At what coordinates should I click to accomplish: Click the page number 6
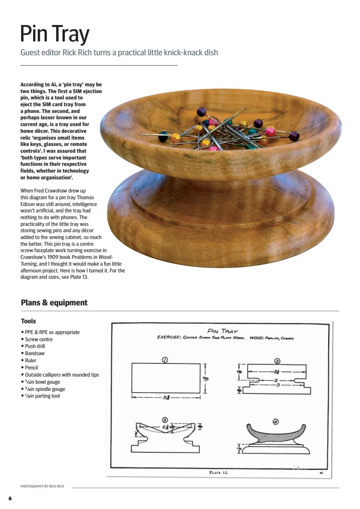pyautogui.click(x=10, y=498)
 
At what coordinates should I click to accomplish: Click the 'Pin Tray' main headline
pyautogui.click(x=54, y=35)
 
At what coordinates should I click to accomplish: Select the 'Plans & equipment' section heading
pyautogui.click(x=54, y=303)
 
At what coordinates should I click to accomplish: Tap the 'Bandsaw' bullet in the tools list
pyautogui.click(x=35, y=353)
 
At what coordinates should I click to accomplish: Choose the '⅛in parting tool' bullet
pyautogui.click(x=42, y=396)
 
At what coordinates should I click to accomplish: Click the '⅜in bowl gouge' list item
pyautogui.click(x=43, y=382)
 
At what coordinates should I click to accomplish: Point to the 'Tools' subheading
pyautogui.click(x=28, y=321)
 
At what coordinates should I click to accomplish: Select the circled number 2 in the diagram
pyautogui.click(x=277, y=361)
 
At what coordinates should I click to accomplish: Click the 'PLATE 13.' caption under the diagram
pyautogui.click(x=218, y=473)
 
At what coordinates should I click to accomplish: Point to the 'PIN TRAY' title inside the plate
pyautogui.click(x=223, y=331)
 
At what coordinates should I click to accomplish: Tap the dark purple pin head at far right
pyautogui.click(x=294, y=136)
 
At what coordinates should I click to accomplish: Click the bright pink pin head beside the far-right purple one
pyautogui.click(x=270, y=132)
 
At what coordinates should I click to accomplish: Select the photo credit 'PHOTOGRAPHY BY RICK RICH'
pyautogui.click(x=42, y=486)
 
